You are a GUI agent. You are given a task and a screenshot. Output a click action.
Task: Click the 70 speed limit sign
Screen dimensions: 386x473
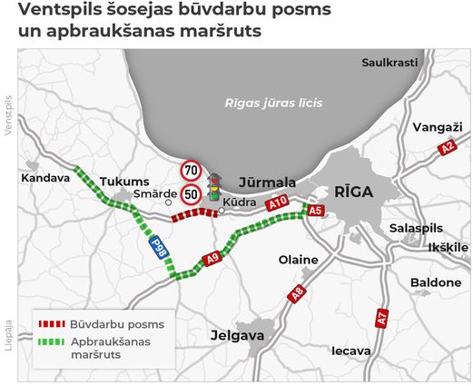point(191,170)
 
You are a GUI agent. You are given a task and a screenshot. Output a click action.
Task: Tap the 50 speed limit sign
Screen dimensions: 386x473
point(191,193)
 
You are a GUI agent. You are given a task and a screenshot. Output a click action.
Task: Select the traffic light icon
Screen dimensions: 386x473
point(215,185)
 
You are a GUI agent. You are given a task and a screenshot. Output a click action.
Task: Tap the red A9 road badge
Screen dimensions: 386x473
point(212,259)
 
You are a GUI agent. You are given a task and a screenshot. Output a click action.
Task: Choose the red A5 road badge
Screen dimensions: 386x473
point(316,211)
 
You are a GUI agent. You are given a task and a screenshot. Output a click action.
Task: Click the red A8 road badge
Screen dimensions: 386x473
point(296,293)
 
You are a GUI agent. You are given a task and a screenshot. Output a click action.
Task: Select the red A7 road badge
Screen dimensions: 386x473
point(382,318)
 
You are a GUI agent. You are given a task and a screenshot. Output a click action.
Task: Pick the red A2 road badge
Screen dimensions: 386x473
point(446,147)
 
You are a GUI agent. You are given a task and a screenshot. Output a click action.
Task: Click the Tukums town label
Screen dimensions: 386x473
point(119,181)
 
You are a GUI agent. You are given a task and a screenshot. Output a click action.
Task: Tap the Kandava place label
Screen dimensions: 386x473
point(44,178)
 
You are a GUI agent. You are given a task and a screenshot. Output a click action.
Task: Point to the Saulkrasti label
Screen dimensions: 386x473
point(389,63)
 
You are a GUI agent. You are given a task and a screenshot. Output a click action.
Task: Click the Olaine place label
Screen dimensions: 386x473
point(298,260)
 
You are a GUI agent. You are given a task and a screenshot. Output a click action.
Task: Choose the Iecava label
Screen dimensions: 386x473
point(350,350)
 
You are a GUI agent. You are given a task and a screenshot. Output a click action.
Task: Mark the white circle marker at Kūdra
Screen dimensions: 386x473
point(222,212)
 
